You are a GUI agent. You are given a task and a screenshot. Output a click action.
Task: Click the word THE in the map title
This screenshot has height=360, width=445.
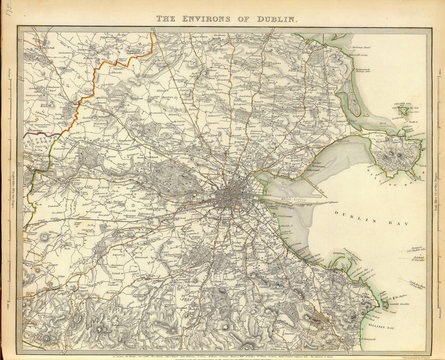pos(163,18)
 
